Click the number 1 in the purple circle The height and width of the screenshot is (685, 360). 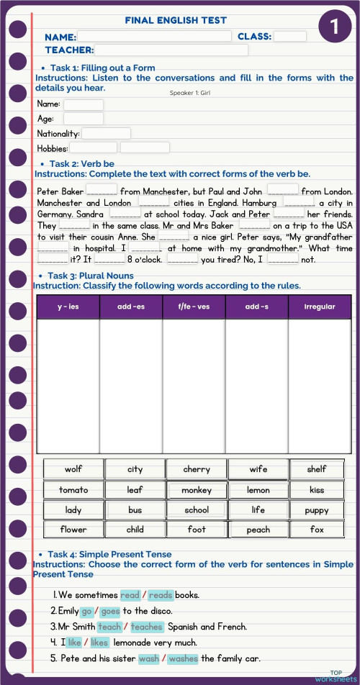click(x=334, y=27)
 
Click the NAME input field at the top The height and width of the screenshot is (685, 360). click(x=154, y=36)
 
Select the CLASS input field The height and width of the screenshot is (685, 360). click(x=289, y=36)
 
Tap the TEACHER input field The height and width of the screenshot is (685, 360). click(x=171, y=50)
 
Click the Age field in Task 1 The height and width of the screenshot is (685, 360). click(x=83, y=119)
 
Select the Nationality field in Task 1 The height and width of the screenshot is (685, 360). click(x=106, y=133)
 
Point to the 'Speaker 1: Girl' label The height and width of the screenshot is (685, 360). click(x=190, y=93)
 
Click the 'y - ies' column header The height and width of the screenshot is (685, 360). click(x=68, y=307)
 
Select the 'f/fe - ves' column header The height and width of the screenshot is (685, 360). click(x=194, y=307)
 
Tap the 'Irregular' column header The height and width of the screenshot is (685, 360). click(x=320, y=307)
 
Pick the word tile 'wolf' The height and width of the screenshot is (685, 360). click(x=73, y=469)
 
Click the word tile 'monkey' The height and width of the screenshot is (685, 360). click(x=197, y=490)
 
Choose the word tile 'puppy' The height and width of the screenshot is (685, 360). click(x=317, y=510)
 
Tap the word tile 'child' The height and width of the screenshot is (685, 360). click(x=135, y=530)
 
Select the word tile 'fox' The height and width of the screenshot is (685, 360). click(x=317, y=530)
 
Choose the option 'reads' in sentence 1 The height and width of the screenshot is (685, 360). click(x=161, y=595)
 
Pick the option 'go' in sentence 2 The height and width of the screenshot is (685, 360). click(x=87, y=611)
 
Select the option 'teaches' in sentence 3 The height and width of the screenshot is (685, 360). click(x=146, y=627)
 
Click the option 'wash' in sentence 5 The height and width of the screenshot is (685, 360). click(x=149, y=658)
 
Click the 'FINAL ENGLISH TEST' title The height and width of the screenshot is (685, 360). click(x=176, y=21)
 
